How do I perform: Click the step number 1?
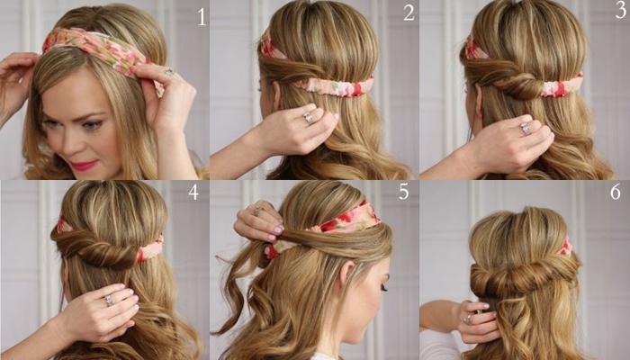(x=202, y=17)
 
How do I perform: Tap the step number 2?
(x=409, y=13)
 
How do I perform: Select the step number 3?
(x=620, y=11)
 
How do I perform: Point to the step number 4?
(x=193, y=193)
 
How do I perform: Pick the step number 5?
(x=404, y=191)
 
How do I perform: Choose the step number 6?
(x=615, y=192)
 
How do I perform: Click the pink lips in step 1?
(x=84, y=165)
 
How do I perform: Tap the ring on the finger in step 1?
(x=170, y=72)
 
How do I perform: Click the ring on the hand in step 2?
(x=308, y=118)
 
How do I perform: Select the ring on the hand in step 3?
(x=525, y=129)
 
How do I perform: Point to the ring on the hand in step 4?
(x=109, y=301)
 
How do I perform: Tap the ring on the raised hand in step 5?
(x=256, y=210)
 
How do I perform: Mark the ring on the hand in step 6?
(x=468, y=319)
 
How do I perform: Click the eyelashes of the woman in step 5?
(x=382, y=288)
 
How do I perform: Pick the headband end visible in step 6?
(x=566, y=247)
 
